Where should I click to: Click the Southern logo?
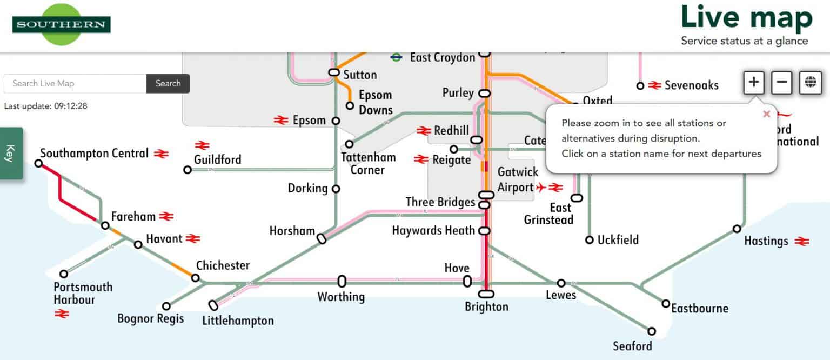coord(61,24)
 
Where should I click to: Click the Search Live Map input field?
coord(75,83)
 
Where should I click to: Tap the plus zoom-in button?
coord(754,83)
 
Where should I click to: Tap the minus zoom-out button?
coord(781,83)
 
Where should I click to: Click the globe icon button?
coord(809,83)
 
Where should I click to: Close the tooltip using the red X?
coord(766,114)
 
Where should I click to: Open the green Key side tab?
coord(11,153)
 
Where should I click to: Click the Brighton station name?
coord(486,307)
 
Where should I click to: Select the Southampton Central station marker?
coord(38,163)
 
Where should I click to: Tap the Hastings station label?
coord(766,241)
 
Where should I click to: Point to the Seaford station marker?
coord(652,331)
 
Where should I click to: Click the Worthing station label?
coord(340,297)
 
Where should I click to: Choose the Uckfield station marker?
coord(590,239)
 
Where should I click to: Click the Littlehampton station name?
coord(238,321)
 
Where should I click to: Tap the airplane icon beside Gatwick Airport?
coord(541,188)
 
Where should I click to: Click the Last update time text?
coord(45,106)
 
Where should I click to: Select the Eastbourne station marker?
coord(666,304)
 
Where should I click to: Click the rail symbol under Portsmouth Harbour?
coord(62,313)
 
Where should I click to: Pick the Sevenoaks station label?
coord(691,85)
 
